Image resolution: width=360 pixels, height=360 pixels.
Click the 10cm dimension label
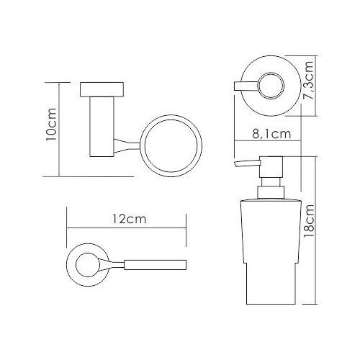point(52,126)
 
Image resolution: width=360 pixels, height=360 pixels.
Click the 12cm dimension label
point(130,219)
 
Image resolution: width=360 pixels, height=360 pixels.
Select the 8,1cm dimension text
point(271,134)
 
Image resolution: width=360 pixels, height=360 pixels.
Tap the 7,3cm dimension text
point(309,81)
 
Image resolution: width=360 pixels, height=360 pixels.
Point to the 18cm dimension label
point(309,221)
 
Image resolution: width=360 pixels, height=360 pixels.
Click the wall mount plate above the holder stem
point(102,89)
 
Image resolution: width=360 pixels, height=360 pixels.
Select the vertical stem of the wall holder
point(102,127)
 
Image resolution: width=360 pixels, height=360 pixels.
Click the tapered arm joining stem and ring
point(127,145)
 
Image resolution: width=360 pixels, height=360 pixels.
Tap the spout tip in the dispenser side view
point(235,164)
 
